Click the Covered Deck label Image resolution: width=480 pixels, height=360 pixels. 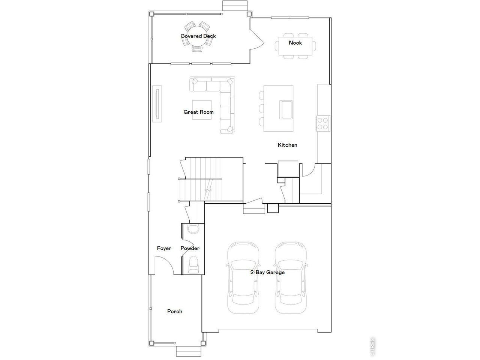tap(198, 36)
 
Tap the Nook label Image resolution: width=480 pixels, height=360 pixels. tap(295, 43)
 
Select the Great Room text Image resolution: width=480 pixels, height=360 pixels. tap(198, 112)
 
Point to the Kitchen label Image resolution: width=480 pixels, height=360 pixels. tap(287, 145)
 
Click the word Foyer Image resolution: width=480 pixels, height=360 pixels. tap(164, 248)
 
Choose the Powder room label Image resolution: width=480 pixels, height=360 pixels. tap(190, 248)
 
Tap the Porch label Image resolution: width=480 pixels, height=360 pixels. tap(174, 311)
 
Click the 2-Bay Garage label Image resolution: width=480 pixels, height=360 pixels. tap(267, 272)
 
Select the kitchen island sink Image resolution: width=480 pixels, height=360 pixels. tap(286, 110)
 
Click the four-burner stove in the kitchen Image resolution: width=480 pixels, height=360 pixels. tap(323, 123)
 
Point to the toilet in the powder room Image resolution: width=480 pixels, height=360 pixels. tap(193, 265)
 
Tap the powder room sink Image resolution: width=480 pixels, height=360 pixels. tap(193, 229)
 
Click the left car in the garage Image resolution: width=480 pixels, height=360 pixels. tap(243, 278)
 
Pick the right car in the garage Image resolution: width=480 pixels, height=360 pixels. tap(291, 278)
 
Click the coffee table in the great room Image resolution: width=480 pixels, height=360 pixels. tap(202, 110)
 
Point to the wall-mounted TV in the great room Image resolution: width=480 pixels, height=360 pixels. tap(157, 104)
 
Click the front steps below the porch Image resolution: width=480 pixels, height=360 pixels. tap(189, 351)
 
